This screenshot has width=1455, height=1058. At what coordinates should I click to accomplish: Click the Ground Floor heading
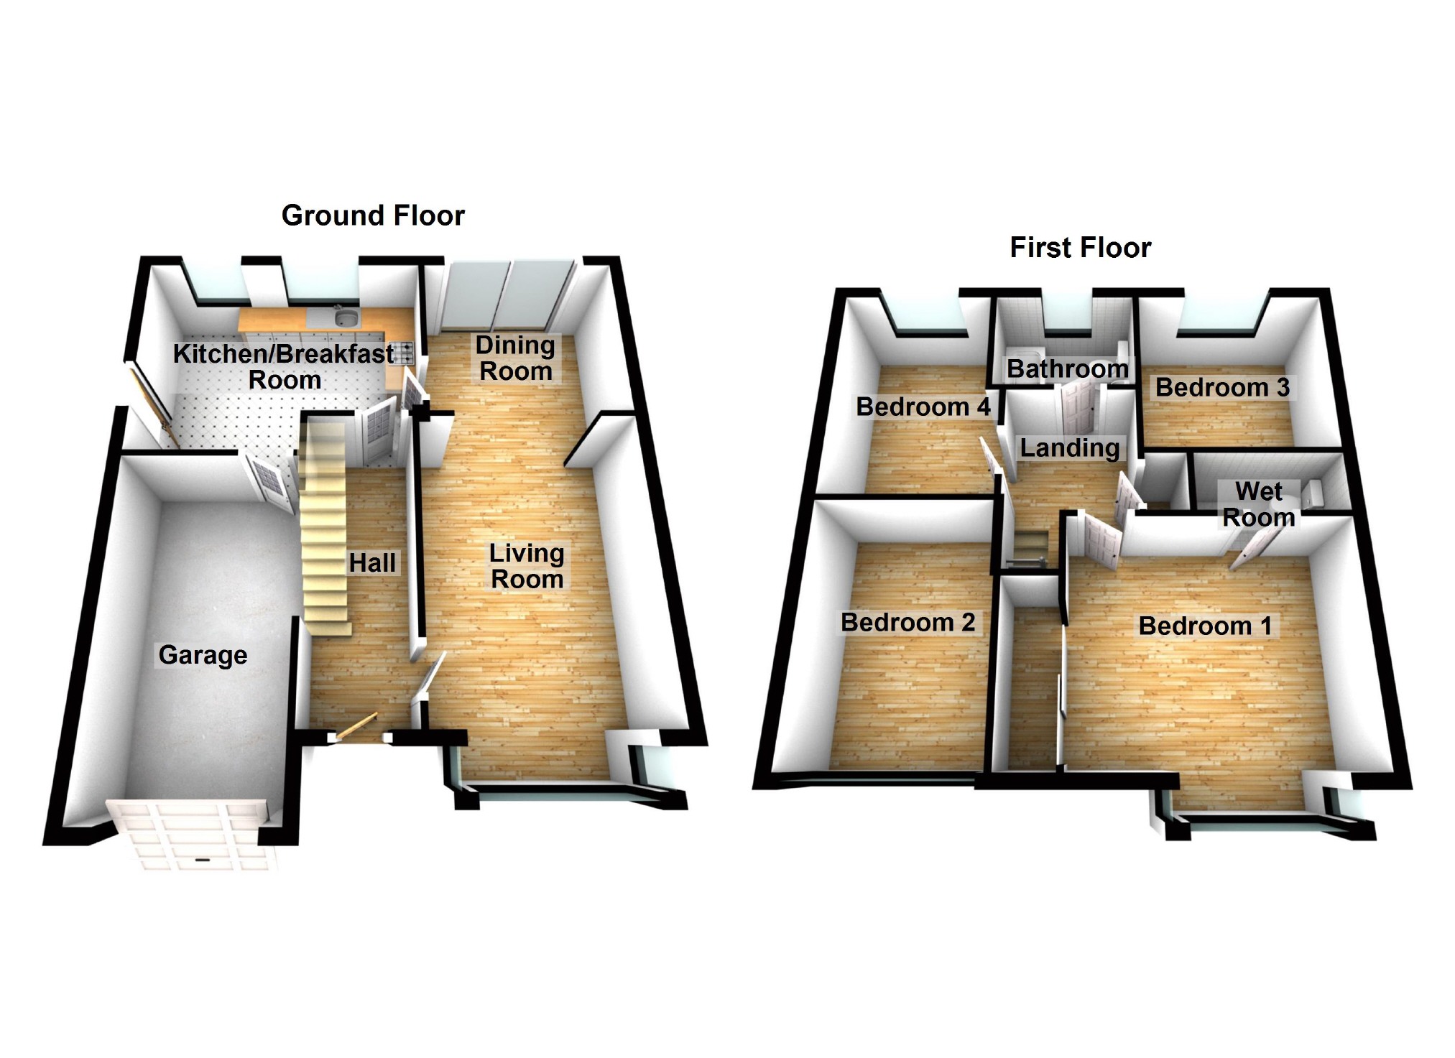coord(373,215)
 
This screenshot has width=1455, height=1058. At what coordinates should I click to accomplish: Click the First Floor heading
coord(1080,248)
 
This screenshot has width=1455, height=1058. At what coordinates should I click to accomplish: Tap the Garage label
coord(203,655)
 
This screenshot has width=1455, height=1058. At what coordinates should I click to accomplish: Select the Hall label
coord(372,563)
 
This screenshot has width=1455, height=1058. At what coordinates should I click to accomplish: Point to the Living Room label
coord(527,566)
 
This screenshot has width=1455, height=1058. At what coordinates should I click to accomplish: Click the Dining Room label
coord(515,358)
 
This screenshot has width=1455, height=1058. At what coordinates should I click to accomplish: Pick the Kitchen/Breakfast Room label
coord(284,366)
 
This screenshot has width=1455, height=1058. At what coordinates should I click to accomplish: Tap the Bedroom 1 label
coord(1205,626)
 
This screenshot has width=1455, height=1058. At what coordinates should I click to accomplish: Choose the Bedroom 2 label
coord(907,622)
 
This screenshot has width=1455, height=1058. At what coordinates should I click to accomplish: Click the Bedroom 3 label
coord(1221,388)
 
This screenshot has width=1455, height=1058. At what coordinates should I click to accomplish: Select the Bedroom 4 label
coord(923,407)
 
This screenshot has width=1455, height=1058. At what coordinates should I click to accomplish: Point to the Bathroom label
coord(1067,369)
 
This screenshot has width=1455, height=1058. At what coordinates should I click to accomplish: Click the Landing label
coord(1070,448)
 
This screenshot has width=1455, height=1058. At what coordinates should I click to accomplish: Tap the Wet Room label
coord(1259,504)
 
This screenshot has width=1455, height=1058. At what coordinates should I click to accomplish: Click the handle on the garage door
coord(202,860)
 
